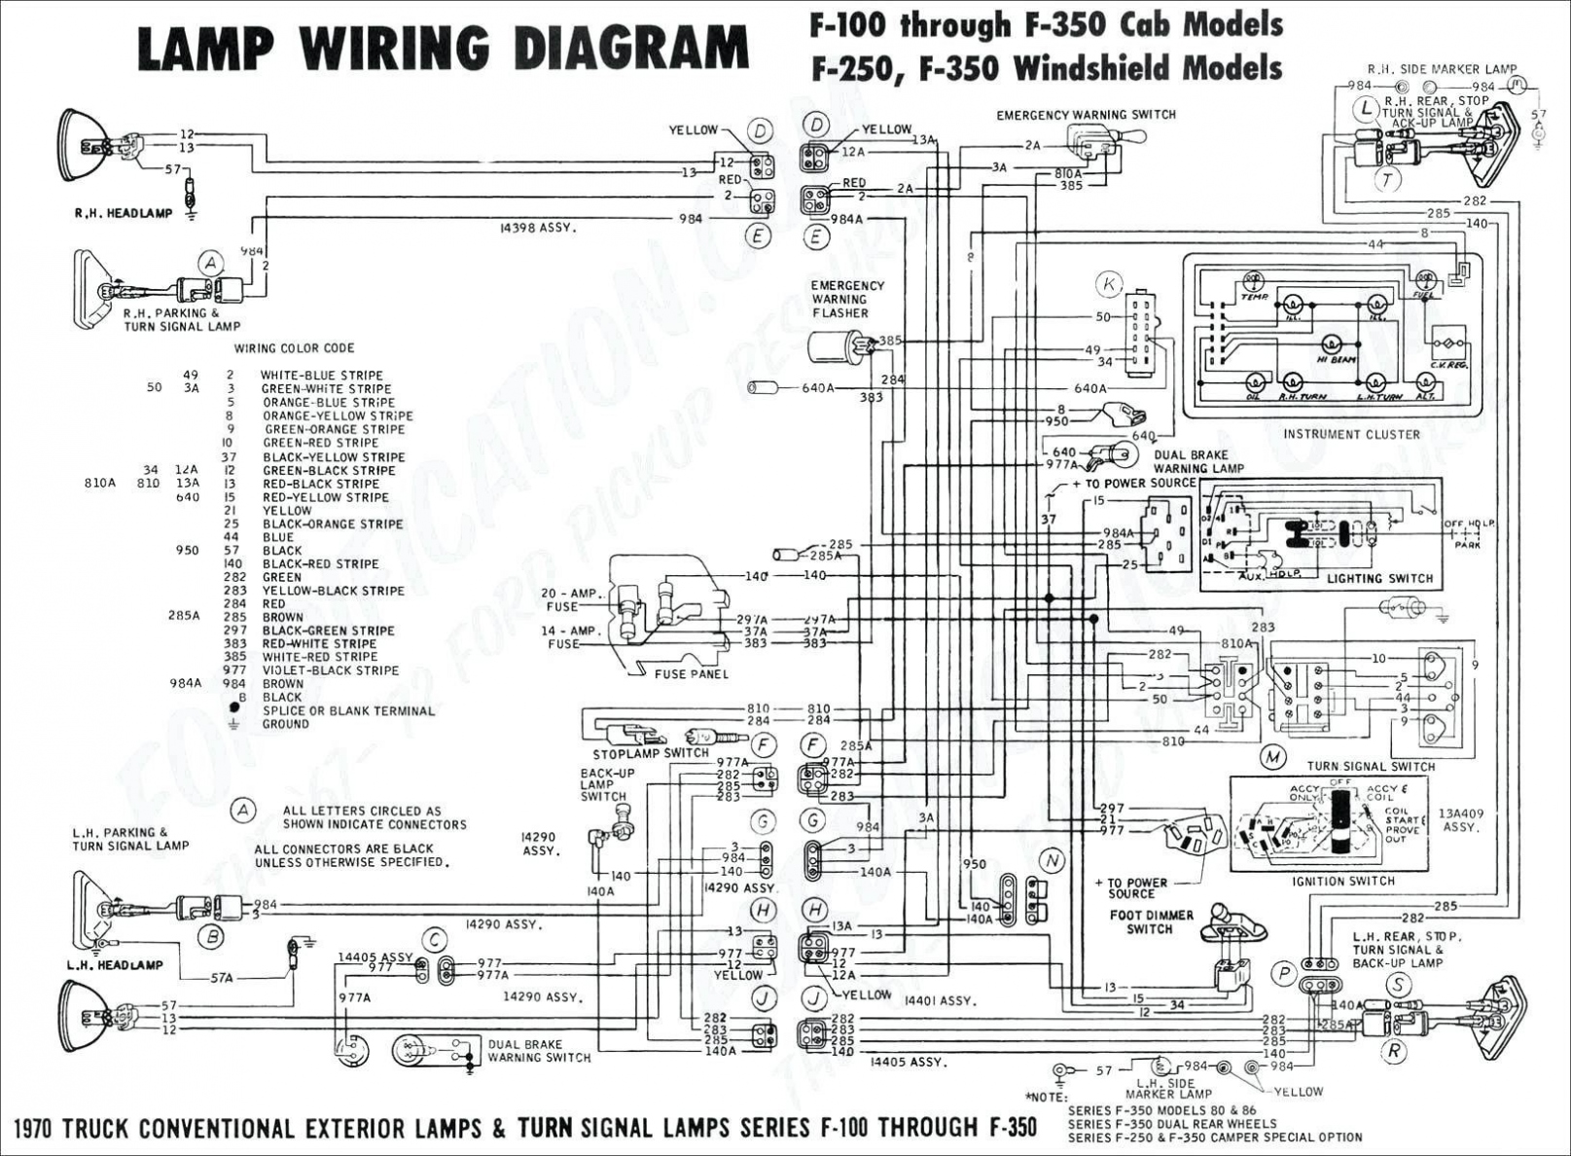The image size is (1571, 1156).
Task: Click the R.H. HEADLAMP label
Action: pyautogui.click(x=124, y=213)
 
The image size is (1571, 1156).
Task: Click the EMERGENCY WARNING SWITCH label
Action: pyautogui.click(x=1086, y=115)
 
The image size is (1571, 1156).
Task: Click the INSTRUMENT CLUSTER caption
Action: pyautogui.click(x=1351, y=434)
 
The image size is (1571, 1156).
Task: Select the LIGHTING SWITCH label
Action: pyautogui.click(x=1379, y=578)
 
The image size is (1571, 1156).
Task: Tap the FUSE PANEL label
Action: pyautogui.click(x=692, y=673)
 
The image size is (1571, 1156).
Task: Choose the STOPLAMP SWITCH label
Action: pyautogui.click(x=651, y=753)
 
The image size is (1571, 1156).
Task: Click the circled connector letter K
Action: pyautogui.click(x=1109, y=284)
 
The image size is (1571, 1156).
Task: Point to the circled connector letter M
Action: pyautogui.click(x=1271, y=756)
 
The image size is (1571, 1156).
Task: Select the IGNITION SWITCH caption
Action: pyautogui.click(x=1343, y=881)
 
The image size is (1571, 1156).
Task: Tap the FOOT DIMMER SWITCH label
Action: pyautogui.click(x=1151, y=921)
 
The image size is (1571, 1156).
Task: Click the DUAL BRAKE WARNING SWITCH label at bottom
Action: pyautogui.click(x=539, y=1051)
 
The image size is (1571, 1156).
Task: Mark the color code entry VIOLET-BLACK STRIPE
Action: pyautogui.click(x=331, y=669)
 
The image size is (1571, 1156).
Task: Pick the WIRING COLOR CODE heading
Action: pyautogui.click(x=294, y=347)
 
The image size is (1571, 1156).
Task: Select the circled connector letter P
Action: pyautogui.click(x=1285, y=973)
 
